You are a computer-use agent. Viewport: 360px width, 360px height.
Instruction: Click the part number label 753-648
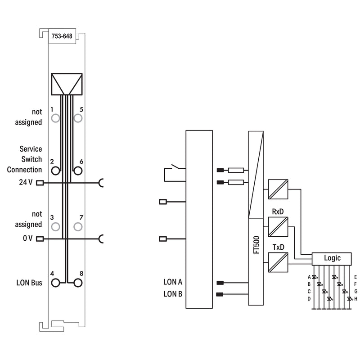[x=62, y=36]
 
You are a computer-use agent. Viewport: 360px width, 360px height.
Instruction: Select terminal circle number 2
[x=55, y=171]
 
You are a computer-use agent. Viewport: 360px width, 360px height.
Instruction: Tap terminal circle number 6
[x=78, y=171]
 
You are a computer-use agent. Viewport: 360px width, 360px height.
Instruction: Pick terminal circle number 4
[x=55, y=283]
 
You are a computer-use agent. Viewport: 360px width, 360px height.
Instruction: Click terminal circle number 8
[x=78, y=283]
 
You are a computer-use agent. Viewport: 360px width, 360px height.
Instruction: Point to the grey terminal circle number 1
[x=55, y=118]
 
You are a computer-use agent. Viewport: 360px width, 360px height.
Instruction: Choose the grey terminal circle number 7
[x=78, y=227]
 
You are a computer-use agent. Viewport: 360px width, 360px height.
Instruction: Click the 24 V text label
[x=26, y=182]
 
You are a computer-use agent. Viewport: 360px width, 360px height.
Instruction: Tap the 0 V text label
[x=27, y=238]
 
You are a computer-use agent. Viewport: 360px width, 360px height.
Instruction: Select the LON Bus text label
[x=29, y=283]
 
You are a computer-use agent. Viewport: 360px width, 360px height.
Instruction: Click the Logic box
[x=332, y=259]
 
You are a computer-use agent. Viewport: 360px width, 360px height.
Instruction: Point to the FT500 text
[x=256, y=245]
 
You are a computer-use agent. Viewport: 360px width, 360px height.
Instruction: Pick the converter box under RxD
[x=278, y=227]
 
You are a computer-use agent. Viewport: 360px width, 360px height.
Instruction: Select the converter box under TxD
[x=278, y=262]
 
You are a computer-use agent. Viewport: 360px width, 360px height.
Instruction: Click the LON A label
[x=173, y=282]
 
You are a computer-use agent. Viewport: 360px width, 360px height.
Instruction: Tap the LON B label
[x=173, y=294]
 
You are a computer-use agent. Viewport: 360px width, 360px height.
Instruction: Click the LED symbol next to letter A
[x=314, y=277]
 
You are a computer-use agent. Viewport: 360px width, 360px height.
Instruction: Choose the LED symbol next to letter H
[x=349, y=299]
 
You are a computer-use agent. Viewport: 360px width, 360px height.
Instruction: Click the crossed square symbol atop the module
[x=67, y=84]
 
